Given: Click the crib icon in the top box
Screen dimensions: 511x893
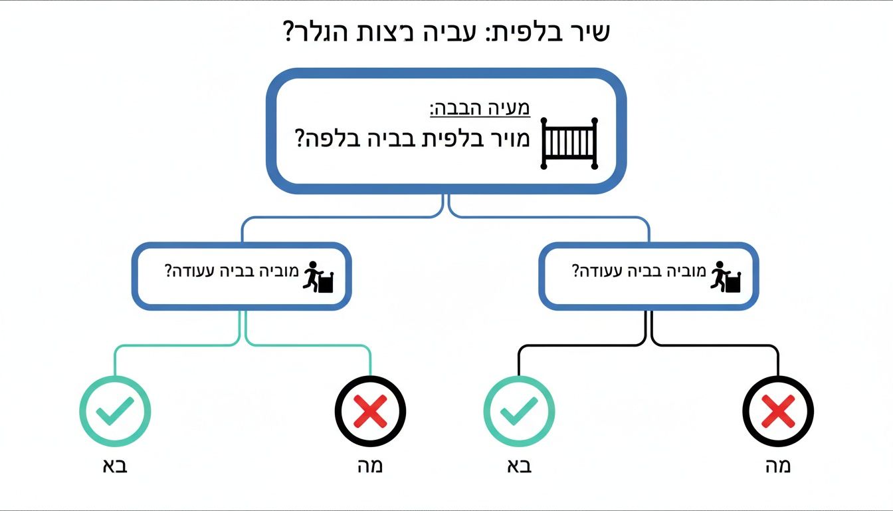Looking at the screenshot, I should pos(569,143).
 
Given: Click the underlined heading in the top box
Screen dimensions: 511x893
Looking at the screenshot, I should pos(480,108).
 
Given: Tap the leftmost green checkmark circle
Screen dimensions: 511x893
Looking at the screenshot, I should pos(115,411).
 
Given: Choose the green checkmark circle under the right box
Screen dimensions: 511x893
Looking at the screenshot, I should pos(519,411).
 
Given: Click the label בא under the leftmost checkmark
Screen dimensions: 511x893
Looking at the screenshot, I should pos(114,465).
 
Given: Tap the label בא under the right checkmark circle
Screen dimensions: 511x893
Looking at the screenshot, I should pos(518,465).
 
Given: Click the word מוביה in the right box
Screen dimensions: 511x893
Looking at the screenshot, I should pos(684,272).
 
